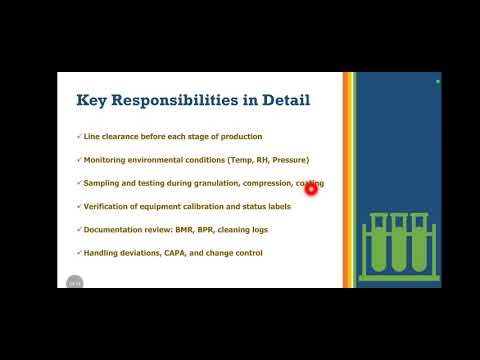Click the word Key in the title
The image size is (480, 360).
[95, 100]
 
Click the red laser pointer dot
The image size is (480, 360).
[311, 191]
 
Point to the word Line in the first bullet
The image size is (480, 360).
[90, 137]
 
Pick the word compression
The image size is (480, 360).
[264, 183]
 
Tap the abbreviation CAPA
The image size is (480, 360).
[184, 253]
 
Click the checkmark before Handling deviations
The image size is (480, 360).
[79, 253]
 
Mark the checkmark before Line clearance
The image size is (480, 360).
[79, 137]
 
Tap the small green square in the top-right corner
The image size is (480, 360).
[437, 79]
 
